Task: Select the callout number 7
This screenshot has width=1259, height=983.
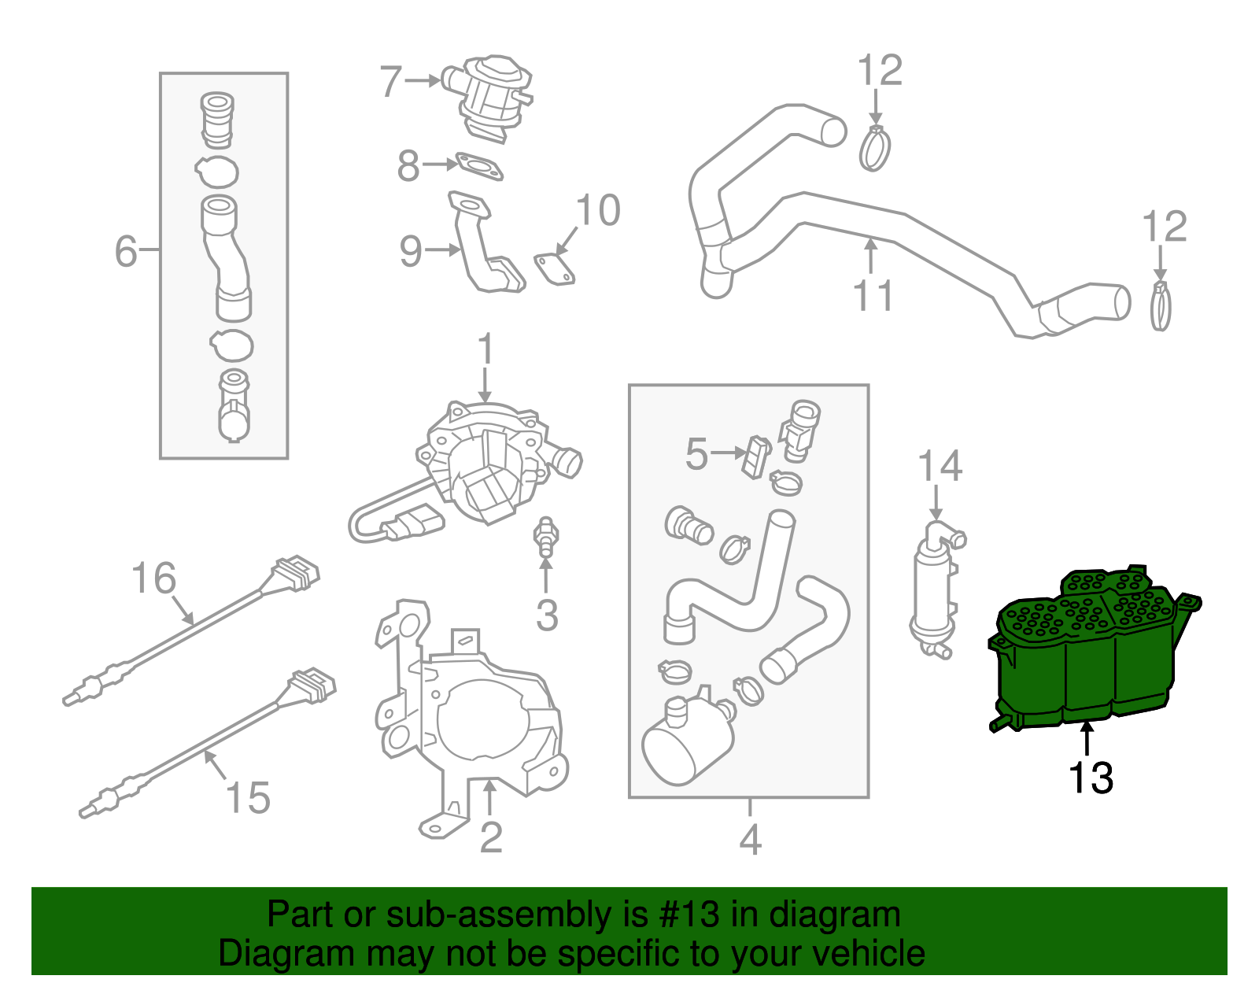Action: coord(391,82)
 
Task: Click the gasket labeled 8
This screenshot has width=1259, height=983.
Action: coord(478,167)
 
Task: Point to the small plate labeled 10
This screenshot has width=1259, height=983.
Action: coord(555,268)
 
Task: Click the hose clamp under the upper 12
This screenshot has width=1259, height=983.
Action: coord(873,149)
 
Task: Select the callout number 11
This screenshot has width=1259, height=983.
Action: coord(873,296)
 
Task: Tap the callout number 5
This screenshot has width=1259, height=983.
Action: coord(696,454)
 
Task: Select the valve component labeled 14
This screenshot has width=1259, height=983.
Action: coord(935,590)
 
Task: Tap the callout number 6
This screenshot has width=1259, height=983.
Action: coord(126,252)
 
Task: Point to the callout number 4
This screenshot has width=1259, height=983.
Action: coord(750,840)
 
